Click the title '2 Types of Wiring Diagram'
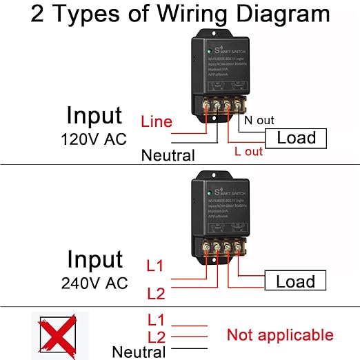click(180, 15)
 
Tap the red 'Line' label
click(157, 122)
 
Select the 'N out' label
click(260, 121)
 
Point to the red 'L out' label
click(249, 151)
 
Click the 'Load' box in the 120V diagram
click(296, 138)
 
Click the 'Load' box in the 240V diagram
click(296, 281)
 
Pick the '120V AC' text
click(95, 140)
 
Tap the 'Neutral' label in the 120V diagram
click(168, 155)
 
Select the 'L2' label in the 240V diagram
click(156, 294)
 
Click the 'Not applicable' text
click(280, 336)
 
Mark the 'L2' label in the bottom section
click(157, 337)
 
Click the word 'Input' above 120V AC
click(94, 115)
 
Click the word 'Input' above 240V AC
click(94, 259)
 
